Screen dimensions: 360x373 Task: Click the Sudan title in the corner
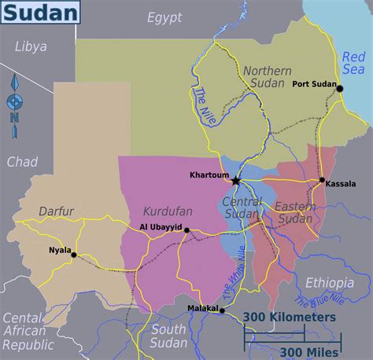(x=43, y=12)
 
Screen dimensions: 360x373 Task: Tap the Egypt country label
(x=164, y=17)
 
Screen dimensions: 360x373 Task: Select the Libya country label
(x=31, y=46)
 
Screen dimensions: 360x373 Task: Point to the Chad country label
(x=22, y=161)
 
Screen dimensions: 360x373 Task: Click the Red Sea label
(x=353, y=63)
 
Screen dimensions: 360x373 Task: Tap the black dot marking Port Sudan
(x=340, y=88)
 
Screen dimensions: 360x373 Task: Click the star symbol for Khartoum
(x=235, y=180)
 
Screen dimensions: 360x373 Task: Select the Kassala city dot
(x=322, y=181)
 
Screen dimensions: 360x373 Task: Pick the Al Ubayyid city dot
(x=186, y=230)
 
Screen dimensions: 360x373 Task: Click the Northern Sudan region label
(x=267, y=77)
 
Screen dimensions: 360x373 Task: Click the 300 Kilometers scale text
(x=289, y=317)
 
